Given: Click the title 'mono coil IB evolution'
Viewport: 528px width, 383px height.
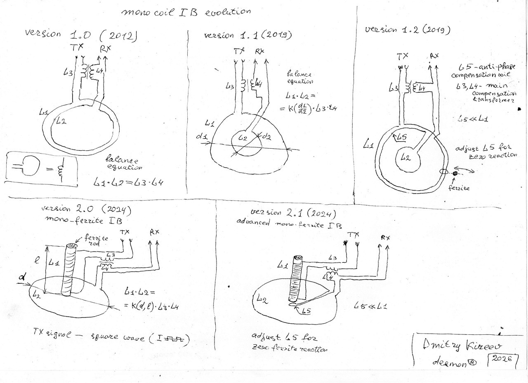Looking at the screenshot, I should (x=186, y=12).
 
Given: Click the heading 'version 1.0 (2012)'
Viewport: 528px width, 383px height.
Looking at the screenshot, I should (x=80, y=35).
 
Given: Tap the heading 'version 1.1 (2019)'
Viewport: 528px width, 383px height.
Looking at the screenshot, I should (x=248, y=35).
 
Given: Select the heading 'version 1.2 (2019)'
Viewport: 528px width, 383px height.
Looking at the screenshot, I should (x=407, y=30).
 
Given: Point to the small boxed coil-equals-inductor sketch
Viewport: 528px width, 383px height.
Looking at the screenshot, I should (x=41, y=168).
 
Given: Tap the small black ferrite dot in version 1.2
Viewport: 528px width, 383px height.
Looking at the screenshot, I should (x=455, y=175).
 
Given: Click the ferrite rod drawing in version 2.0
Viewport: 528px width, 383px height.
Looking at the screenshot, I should (x=67, y=270).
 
